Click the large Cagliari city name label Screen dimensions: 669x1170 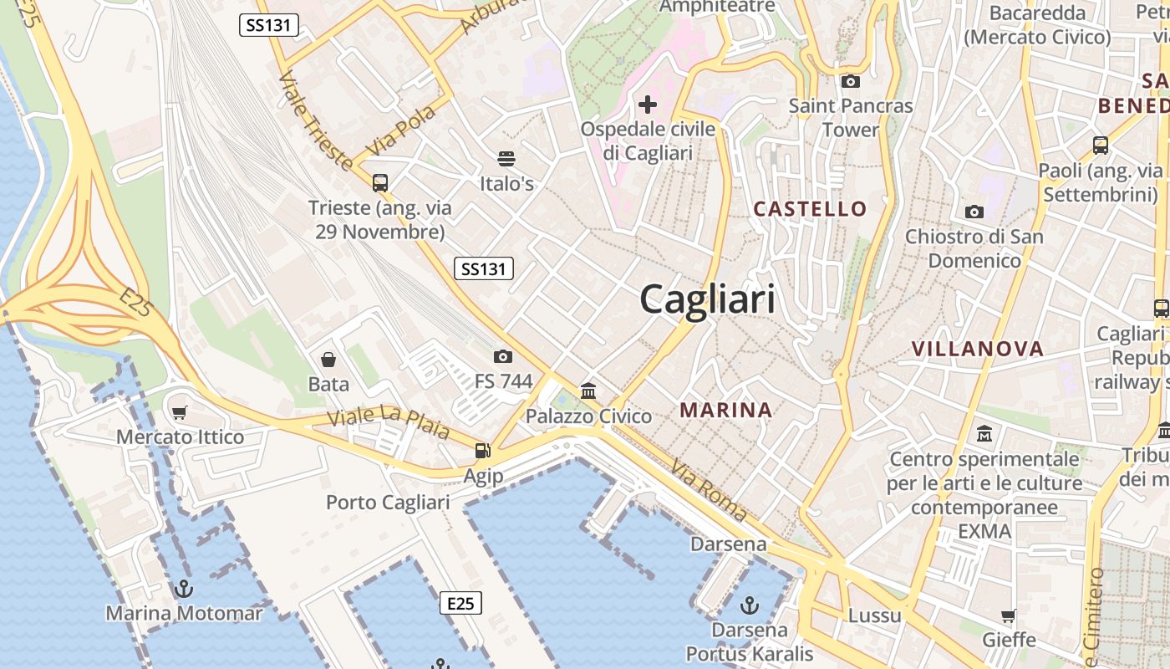pos(707,299)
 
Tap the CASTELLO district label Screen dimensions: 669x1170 pos(810,209)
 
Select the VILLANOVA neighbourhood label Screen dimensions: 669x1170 pos(977,350)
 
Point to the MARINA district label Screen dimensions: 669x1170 pos(725,410)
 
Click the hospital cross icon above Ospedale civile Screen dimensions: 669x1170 pos(648,105)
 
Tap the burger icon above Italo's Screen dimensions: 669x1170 pos(506,158)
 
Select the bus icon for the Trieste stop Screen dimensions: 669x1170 pos(380,182)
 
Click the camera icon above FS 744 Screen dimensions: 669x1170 pos(503,356)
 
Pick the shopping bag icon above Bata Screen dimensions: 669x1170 pos(328,360)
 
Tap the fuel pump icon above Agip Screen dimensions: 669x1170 pos(483,451)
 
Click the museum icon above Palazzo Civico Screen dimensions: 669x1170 pos(588,391)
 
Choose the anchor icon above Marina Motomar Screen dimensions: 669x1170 pos(184,589)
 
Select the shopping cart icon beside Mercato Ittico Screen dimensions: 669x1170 pos(180,411)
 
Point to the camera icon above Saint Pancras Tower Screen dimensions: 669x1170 pos(851,81)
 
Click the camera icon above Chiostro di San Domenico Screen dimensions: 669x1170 pos(974,212)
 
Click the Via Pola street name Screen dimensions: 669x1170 pos(401,130)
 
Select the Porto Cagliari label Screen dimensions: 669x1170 pos(388,503)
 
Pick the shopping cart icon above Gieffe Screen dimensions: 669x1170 pos(1009,616)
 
